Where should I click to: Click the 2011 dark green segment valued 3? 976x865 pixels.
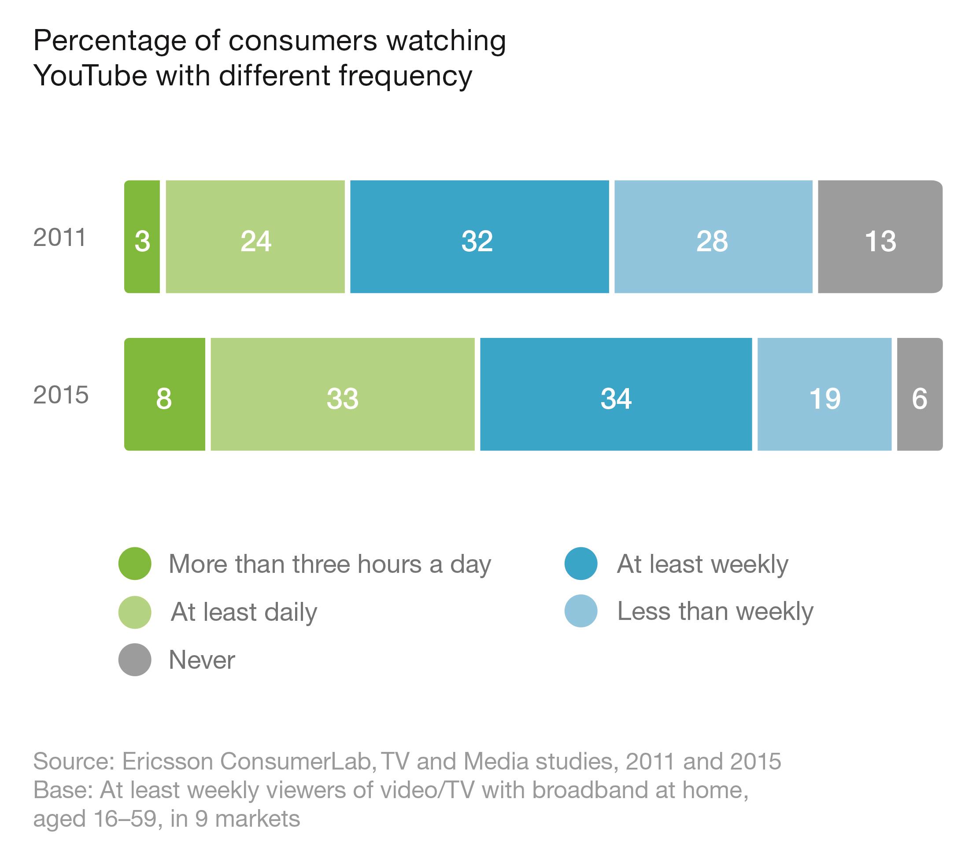coord(142,237)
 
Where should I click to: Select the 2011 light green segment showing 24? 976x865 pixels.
coord(255,237)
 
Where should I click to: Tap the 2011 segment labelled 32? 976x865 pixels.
coord(479,237)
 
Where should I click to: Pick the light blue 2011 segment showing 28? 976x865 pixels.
coord(713,237)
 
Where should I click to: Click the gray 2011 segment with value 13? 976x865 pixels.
coord(880,237)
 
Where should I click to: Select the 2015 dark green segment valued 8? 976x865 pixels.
coord(164,394)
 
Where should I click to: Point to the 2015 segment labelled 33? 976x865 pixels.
coord(342,394)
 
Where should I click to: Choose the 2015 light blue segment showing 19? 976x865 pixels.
coord(824,394)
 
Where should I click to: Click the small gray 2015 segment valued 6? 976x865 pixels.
coord(919,394)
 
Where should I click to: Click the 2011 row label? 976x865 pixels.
coord(60,237)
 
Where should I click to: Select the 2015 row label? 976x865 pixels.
coord(61,395)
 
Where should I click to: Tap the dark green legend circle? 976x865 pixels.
coord(135,564)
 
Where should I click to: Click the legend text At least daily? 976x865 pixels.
coord(244,612)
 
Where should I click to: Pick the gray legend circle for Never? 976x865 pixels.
coord(135,660)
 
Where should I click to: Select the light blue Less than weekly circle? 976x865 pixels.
coord(580,611)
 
